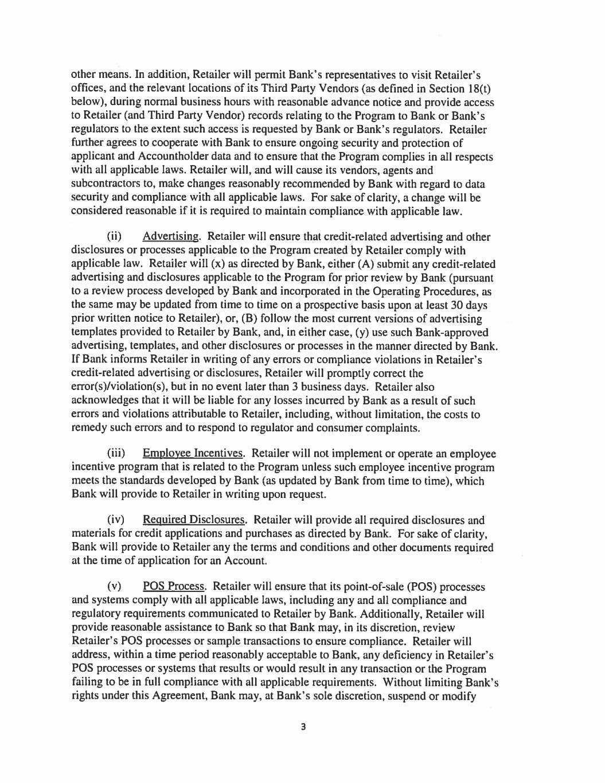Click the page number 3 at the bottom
[x=303, y=727]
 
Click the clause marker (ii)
[x=115, y=237]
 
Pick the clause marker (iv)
[x=116, y=520]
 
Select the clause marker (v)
[x=115, y=587]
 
